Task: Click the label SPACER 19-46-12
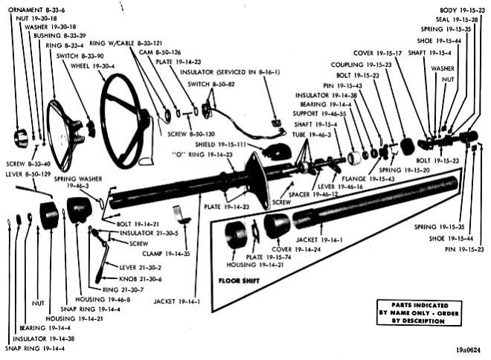pos(323,193)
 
